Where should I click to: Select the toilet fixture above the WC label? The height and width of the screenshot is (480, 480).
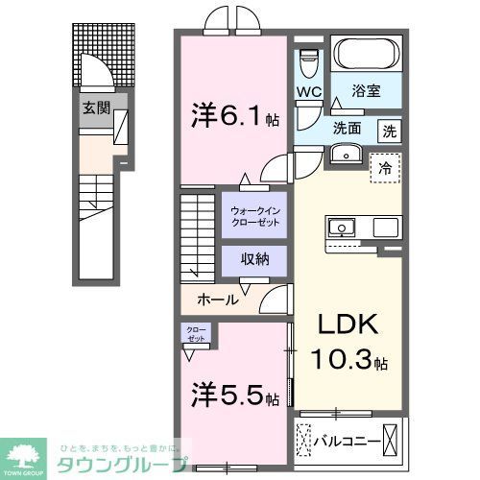click(308, 64)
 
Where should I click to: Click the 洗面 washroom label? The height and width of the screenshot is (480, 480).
click(348, 129)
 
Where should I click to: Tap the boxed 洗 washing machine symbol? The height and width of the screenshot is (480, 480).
click(389, 129)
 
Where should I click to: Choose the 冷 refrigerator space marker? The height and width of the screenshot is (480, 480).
click(385, 165)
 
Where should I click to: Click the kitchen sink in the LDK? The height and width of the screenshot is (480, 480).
click(342, 228)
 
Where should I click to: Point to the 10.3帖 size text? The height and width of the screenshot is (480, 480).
click(348, 363)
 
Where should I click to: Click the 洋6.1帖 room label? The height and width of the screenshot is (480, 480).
click(231, 119)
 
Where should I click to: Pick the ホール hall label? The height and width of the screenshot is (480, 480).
click(219, 300)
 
